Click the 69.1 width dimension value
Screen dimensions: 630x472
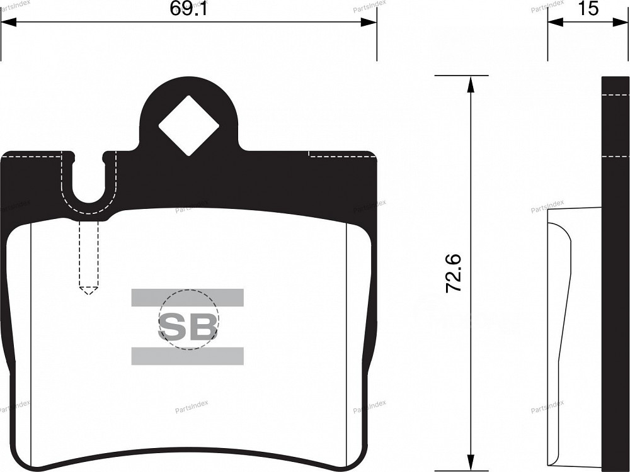(x=188, y=8)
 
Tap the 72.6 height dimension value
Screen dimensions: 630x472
(x=454, y=273)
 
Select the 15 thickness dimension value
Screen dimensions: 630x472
(x=589, y=8)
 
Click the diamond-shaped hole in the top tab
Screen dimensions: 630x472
(x=188, y=125)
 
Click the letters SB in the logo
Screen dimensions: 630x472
(x=188, y=326)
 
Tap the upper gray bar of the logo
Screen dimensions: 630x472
(x=187, y=298)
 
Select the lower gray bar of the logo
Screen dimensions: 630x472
(x=187, y=356)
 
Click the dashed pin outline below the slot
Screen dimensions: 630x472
(x=89, y=257)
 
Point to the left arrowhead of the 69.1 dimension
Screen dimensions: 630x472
(x=9, y=22)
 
